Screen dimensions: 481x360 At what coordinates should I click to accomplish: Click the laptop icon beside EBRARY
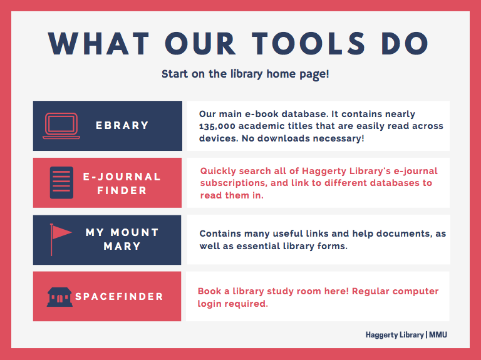coord(61,126)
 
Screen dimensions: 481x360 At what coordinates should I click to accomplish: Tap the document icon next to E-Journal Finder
coord(61,182)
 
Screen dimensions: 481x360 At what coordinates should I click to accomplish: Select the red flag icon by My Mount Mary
coord(61,240)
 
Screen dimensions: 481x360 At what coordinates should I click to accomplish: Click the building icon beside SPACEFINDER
coord(59,297)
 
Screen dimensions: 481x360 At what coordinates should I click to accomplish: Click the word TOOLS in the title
coord(309,44)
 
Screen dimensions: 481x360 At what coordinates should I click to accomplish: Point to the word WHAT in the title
coord(98,44)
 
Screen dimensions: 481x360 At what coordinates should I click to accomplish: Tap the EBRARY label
coord(122,125)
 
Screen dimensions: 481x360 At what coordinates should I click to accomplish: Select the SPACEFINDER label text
coord(119,297)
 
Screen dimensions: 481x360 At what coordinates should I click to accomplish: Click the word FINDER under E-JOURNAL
coord(122,190)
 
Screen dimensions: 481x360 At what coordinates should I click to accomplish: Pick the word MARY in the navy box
coord(122,246)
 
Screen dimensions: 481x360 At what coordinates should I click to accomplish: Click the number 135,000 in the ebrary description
coord(217,126)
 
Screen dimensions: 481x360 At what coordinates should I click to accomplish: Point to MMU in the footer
coord(438,334)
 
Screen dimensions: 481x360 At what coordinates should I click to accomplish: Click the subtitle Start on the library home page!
coord(245,74)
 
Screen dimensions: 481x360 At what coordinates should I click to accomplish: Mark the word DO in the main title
coord(405,44)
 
